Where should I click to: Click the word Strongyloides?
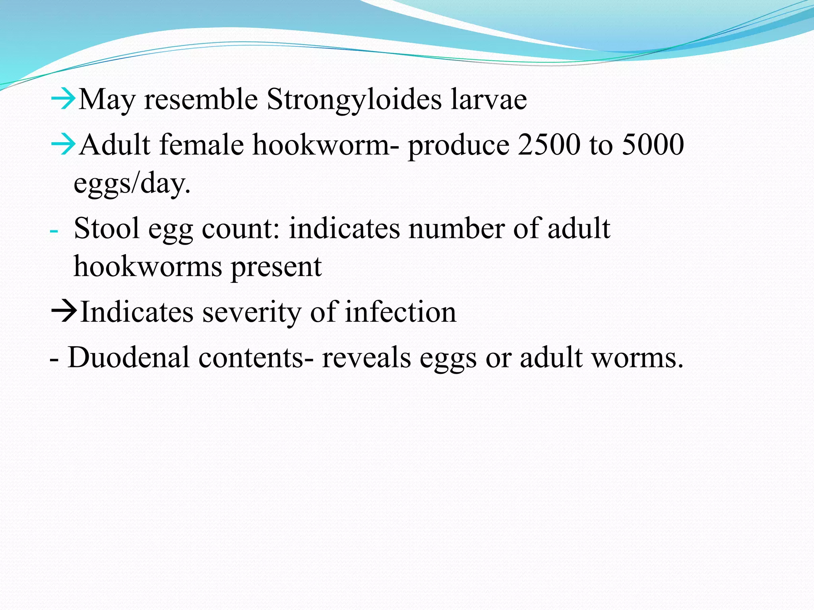[x=354, y=99]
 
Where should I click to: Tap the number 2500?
[x=548, y=145]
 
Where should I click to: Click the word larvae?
[x=488, y=99]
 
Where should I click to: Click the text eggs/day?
[x=132, y=183]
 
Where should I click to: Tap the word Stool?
[x=107, y=229]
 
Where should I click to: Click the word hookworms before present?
[x=147, y=267]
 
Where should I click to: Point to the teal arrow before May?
[x=63, y=99]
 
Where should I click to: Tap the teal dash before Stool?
[x=54, y=231]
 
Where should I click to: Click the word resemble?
[x=201, y=99]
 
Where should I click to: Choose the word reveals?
[x=366, y=357]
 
